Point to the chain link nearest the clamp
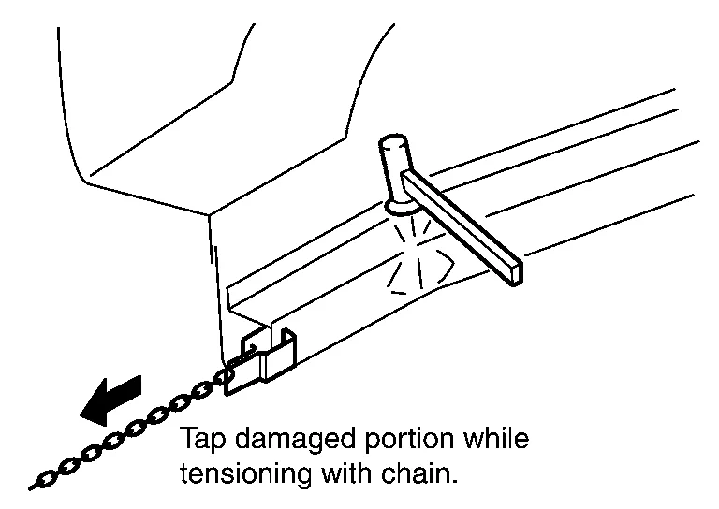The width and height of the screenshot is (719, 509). tap(225, 376)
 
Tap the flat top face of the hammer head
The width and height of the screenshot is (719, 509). tap(393, 144)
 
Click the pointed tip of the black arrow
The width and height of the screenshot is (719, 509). tap(82, 413)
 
